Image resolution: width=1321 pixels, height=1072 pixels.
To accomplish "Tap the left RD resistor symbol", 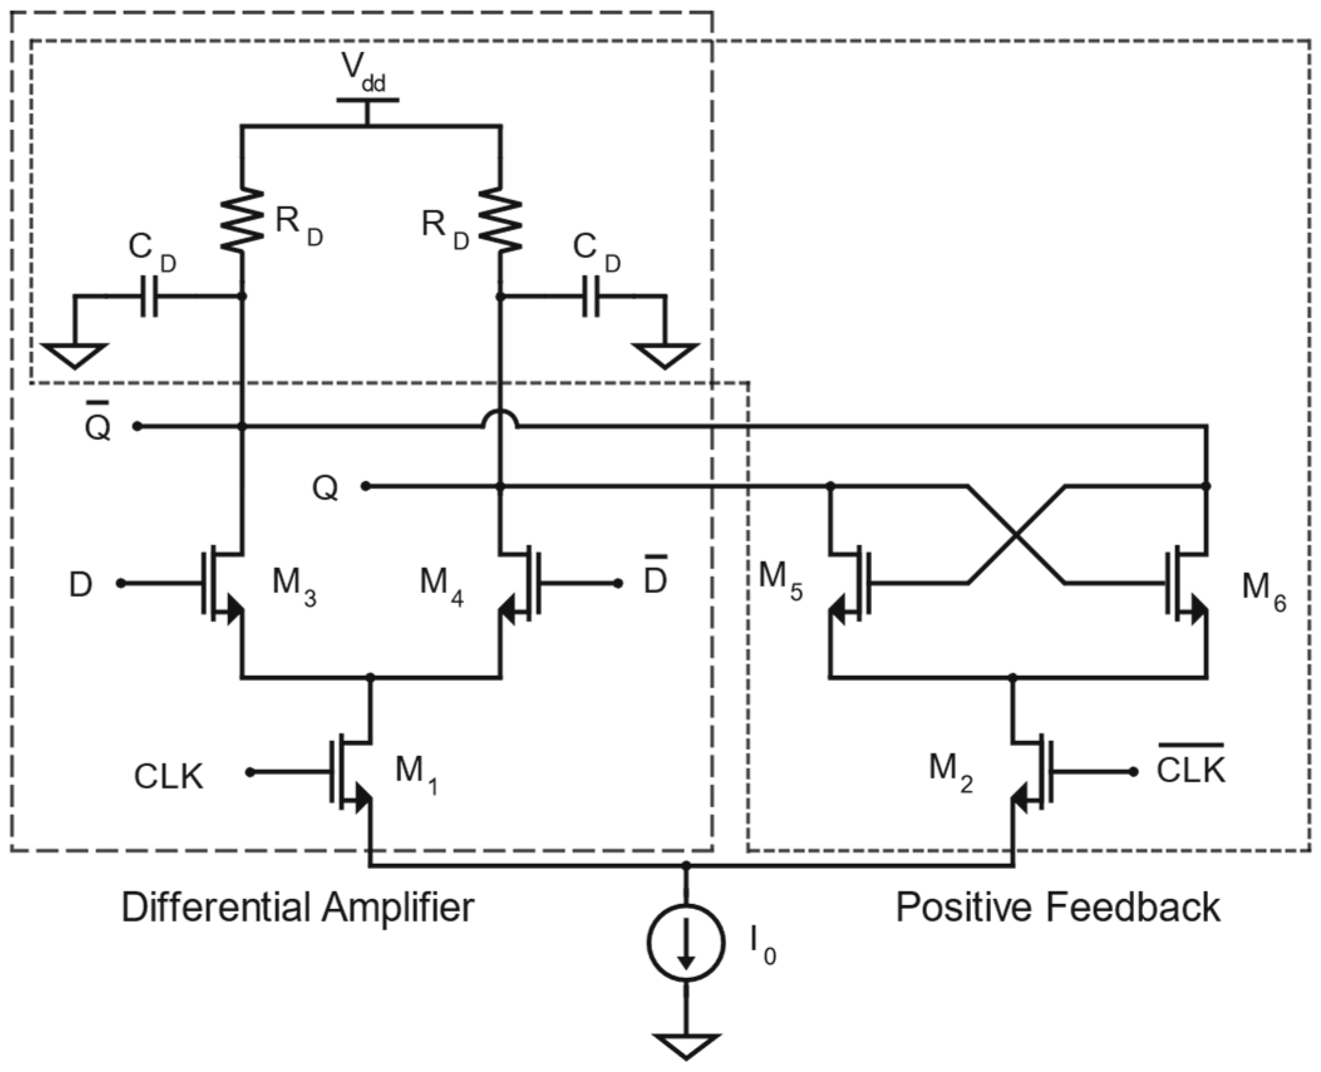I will coord(242,220).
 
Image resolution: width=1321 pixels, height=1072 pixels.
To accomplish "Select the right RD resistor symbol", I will coord(500,220).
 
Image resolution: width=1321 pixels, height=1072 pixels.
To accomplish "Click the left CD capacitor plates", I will coord(149,296).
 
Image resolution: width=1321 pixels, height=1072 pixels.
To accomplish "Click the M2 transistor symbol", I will coord(1032,772).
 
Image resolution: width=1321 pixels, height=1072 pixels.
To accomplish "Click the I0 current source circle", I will coord(686,942).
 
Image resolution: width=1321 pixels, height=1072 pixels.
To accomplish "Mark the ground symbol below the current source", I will coord(686,1045).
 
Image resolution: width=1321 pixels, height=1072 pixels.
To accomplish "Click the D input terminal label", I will coord(81,585).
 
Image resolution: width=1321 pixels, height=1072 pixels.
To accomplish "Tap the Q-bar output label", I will coord(98,423).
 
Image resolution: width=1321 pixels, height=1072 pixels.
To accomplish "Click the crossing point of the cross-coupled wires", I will coord(1016,535).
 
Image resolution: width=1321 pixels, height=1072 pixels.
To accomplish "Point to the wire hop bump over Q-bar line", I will coord(500,419).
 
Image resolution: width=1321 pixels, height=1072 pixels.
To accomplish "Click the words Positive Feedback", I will coord(1058,907).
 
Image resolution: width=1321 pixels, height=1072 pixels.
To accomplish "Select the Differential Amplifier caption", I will coord(297,907).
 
